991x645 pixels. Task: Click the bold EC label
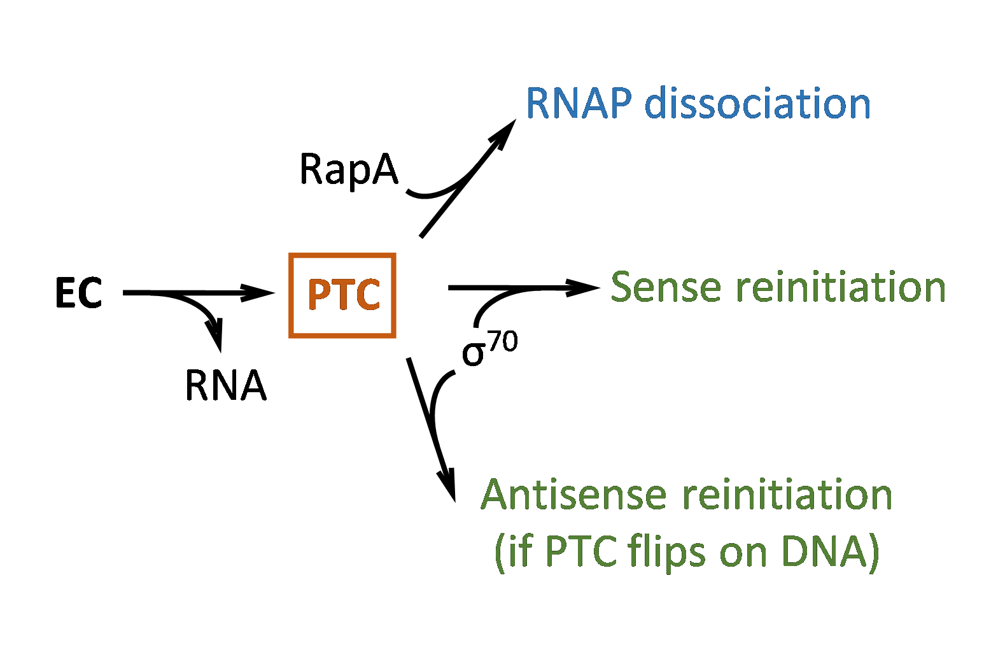pyautogui.click(x=79, y=294)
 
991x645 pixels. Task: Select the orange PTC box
pyautogui.click(x=342, y=295)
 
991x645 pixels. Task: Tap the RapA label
pyautogui.click(x=348, y=170)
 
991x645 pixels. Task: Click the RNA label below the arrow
pyautogui.click(x=225, y=386)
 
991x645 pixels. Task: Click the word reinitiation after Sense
pyautogui.click(x=841, y=287)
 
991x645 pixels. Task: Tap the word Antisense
pyautogui.click(x=573, y=495)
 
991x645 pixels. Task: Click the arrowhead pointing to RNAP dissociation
pyautogui.click(x=506, y=130)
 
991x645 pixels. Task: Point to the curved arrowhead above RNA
pyautogui.click(x=216, y=337)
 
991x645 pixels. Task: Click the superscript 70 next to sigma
pyautogui.click(x=503, y=342)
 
